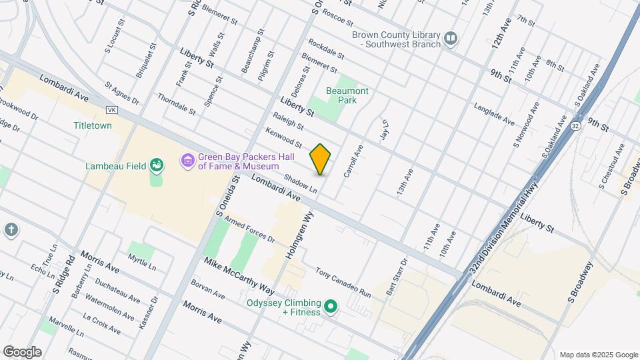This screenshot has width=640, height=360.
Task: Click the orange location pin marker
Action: [321, 159]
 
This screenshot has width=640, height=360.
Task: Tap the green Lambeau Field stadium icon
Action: [157, 165]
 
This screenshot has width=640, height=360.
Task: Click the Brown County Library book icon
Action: [451, 39]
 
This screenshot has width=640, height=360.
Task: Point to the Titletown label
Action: [93, 125]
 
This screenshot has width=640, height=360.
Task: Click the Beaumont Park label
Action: [347, 95]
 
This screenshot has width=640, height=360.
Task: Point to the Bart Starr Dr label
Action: [396, 277]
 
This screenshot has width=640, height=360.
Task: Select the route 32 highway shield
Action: [575, 125]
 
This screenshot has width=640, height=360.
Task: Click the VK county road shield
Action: [112, 109]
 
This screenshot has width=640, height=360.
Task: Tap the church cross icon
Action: [11, 230]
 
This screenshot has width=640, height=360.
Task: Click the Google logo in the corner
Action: [22, 352]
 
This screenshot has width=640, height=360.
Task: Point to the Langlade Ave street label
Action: [494, 114]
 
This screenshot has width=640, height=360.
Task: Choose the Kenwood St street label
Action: [283, 139]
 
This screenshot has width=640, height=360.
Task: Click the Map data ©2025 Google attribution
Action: [597, 355]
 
